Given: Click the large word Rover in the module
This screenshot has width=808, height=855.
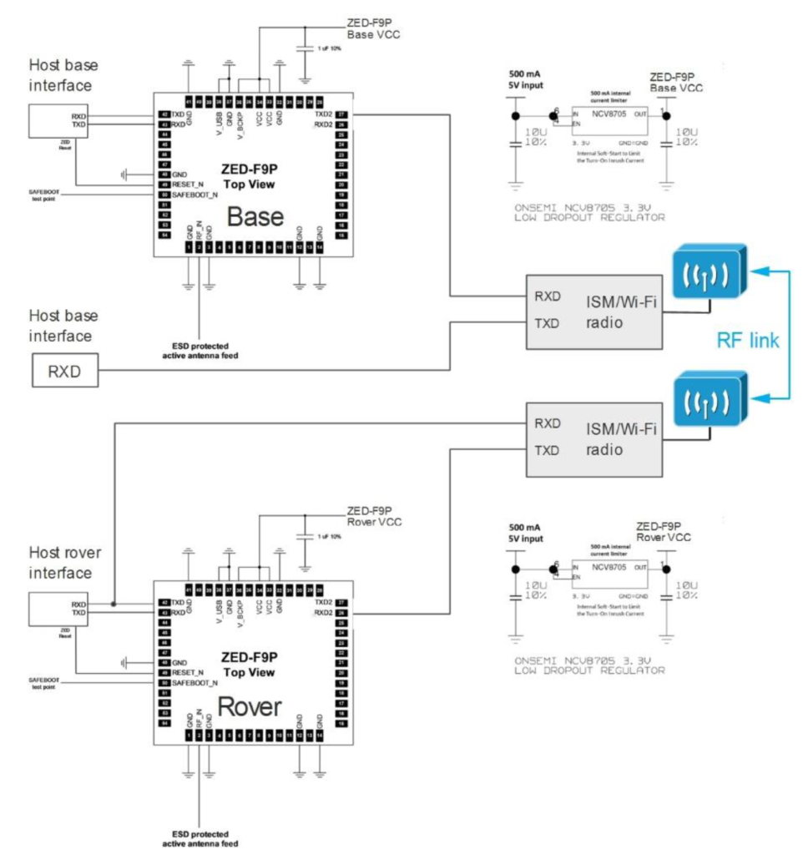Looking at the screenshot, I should pyautogui.click(x=250, y=706).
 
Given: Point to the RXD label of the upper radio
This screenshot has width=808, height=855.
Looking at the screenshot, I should pyautogui.click(x=548, y=296).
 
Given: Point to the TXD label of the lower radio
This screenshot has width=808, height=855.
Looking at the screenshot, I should pyautogui.click(x=548, y=450).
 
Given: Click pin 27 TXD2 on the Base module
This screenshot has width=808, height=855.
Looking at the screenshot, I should pyautogui.click(x=341, y=114).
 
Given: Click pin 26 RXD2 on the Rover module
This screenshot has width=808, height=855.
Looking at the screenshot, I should pyautogui.click(x=341, y=614).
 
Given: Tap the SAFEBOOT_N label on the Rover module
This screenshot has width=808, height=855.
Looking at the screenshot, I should pyautogui.click(x=194, y=682).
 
